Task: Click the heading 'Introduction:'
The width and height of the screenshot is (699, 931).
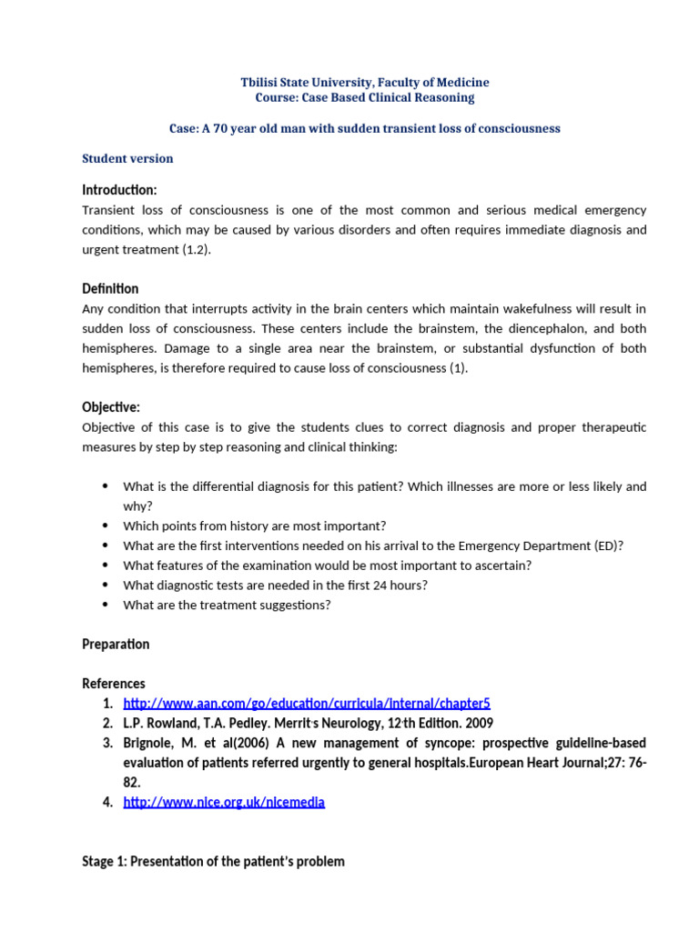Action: pyautogui.click(x=119, y=190)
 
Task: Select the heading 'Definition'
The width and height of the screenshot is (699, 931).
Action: pyautogui.click(x=110, y=288)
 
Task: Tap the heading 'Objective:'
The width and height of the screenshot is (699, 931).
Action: pyautogui.click(x=111, y=407)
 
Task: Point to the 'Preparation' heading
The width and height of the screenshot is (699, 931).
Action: pyautogui.click(x=116, y=644)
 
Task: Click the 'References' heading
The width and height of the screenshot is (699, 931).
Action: pyautogui.click(x=114, y=683)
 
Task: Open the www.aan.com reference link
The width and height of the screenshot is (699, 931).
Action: pyautogui.click(x=307, y=704)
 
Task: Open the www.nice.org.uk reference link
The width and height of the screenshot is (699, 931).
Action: pyautogui.click(x=224, y=802)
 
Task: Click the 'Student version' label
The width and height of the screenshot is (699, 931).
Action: pyautogui.click(x=127, y=158)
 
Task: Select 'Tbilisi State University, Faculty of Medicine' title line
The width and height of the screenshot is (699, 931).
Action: pyautogui.click(x=364, y=83)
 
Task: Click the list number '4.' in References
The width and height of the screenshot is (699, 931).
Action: pyautogui.click(x=107, y=802)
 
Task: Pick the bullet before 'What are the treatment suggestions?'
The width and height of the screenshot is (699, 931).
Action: pyautogui.click(x=105, y=605)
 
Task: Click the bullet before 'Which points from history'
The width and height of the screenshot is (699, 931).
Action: pyautogui.click(x=105, y=526)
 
